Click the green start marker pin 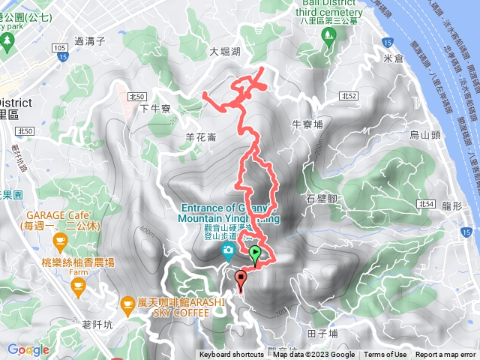coord(256,254)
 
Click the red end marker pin coord(241,280)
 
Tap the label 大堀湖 coord(225,52)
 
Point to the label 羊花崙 coord(200,137)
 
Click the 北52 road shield coord(346,95)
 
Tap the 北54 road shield coord(427,203)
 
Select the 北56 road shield coord(136,97)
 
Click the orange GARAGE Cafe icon coord(59,241)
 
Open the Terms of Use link coord(385,355)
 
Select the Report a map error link coord(445,355)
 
